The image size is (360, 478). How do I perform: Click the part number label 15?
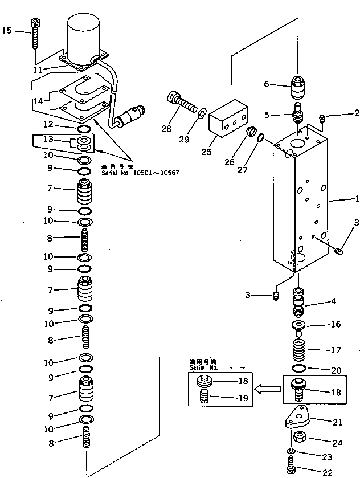[x=6, y=30]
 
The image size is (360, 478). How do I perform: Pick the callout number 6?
[x=266, y=85]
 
